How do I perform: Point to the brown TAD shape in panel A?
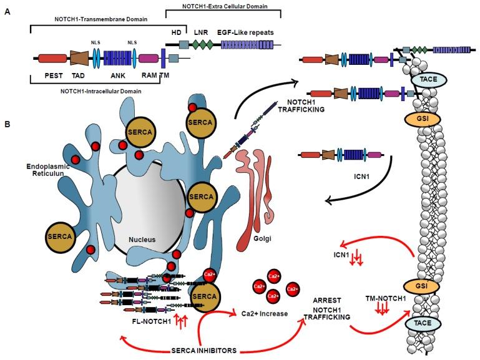point(79,59)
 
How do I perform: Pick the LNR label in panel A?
point(202,31)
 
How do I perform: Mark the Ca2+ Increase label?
point(265,314)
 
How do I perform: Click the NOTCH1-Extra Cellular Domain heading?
point(223,6)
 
